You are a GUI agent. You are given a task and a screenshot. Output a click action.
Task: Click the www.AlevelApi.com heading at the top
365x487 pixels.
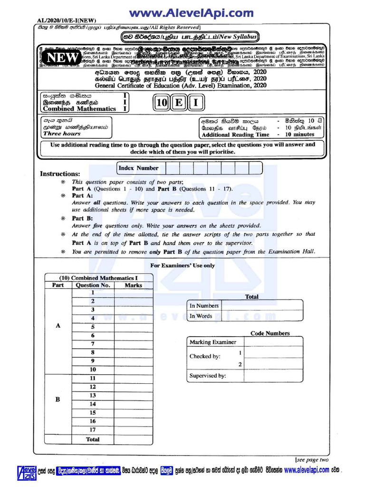tap(192, 13)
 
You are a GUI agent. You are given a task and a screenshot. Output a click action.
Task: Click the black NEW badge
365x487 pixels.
tap(62, 57)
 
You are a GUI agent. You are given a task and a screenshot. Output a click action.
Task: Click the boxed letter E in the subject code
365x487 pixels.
tap(179, 103)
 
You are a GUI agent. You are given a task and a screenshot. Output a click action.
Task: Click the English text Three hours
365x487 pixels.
tap(62, 134)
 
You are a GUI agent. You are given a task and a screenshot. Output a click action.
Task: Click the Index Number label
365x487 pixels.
tap(138, 168)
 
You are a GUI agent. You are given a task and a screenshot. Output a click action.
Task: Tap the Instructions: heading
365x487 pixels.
tap(60, 174)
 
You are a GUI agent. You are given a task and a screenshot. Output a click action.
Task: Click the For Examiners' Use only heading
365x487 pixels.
tap(182, 265)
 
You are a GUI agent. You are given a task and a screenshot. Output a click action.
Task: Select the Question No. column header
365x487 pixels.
tap(93, 285)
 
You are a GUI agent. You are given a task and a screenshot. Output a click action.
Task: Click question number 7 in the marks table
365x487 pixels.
tap(93, 344)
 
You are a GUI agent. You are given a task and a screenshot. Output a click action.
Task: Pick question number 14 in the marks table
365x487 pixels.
tap(93, 404)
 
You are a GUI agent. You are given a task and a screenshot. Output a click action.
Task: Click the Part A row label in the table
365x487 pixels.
tap(58, 326)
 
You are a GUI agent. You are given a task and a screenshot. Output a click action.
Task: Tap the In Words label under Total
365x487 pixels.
tap(201, 316)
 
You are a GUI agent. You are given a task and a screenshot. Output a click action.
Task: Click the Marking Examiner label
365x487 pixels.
tap(212, 342)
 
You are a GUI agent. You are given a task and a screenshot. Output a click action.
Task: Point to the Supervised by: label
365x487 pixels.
tap(208, 376)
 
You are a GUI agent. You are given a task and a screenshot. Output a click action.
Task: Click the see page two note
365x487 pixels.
tap(312, 459)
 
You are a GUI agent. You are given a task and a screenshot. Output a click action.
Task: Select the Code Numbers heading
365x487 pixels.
tap(270, 333)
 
